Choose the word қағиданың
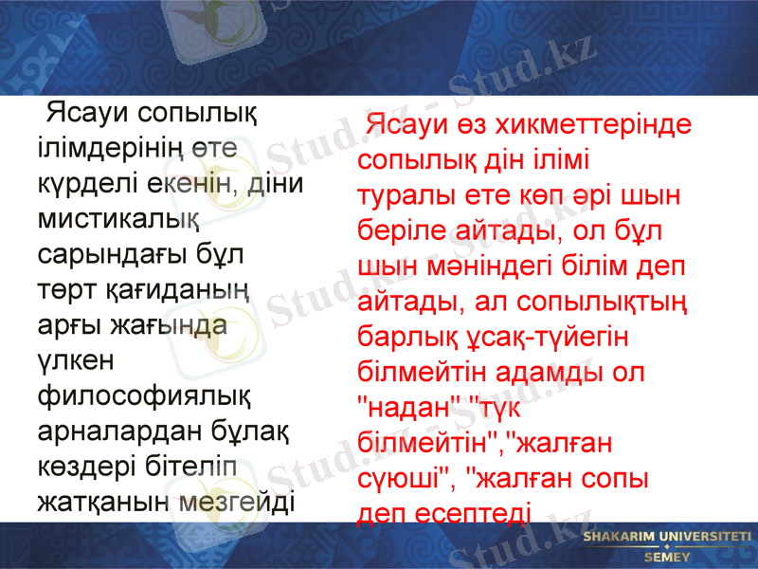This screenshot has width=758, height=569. point(177,289)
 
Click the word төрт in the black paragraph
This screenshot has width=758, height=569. point(63,289)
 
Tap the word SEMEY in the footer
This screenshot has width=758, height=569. point(666,558)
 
